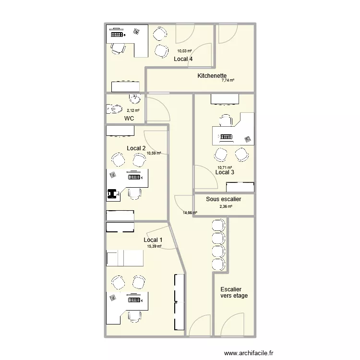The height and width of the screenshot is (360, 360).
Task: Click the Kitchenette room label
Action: coord(212,75)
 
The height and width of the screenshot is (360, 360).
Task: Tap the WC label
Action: coord(129,119)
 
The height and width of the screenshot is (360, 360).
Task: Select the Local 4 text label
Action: coord(183,59)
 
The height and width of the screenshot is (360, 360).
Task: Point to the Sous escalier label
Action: coord(223,199)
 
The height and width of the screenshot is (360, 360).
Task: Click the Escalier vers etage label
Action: coord(234,292)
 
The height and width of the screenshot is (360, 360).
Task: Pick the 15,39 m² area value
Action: coord(154,246)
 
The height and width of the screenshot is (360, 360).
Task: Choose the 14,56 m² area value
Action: coord(190,213)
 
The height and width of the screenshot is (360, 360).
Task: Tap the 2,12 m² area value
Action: coord(133,110)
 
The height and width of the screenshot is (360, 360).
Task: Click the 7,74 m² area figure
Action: coord(228,80)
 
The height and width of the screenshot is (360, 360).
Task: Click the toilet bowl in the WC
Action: coord(115,109)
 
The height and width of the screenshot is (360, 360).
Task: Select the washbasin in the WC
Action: coord(135,99)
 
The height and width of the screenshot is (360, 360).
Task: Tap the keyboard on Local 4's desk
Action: coord(117,35)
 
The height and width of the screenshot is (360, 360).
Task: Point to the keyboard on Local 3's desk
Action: coord(226,137)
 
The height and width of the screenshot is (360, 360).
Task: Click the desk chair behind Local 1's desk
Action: coord(134,317)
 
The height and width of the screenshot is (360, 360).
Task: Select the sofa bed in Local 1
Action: coord(125,258)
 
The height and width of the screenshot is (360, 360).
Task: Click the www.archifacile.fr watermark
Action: coord(249,353)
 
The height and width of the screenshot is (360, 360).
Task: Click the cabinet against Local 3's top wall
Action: coord(225,100)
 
